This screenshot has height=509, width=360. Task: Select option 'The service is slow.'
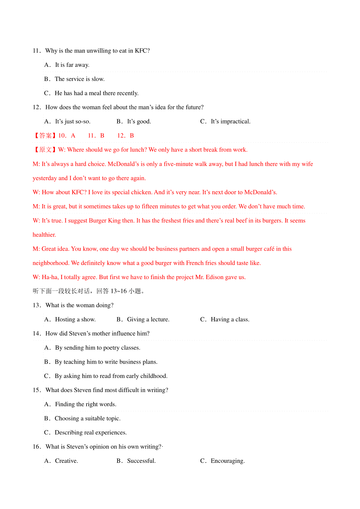(79, 79)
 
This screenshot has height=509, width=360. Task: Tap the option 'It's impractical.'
(230, 121)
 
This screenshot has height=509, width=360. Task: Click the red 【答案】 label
(45, 135)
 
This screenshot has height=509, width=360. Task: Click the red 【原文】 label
(45, 150)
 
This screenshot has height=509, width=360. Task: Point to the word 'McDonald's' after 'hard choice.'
(123, 164)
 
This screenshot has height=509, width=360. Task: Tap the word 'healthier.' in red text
(44, 235)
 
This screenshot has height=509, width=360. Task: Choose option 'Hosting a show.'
(75, 320)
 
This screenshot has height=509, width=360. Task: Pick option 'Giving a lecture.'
(148, 320)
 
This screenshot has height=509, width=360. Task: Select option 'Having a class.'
(230, 320)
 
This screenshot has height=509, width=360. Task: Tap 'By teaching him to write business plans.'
(106, 362)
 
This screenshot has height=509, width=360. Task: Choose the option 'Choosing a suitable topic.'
(88, 418)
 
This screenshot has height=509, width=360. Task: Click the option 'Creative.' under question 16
(66, 461)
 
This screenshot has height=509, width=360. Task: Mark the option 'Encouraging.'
(228, 461)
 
